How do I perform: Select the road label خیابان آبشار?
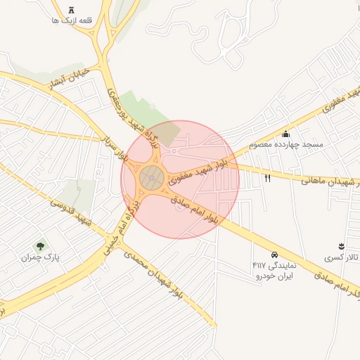coord(69,79)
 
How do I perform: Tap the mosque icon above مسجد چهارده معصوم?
coord(285,134)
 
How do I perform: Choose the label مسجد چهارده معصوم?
coord(285,145)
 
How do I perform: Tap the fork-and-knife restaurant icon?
coord(267,178)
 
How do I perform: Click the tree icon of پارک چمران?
coord(40,247)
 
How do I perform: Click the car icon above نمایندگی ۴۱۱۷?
coord(274,255)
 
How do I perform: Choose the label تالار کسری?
coord(342,258)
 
